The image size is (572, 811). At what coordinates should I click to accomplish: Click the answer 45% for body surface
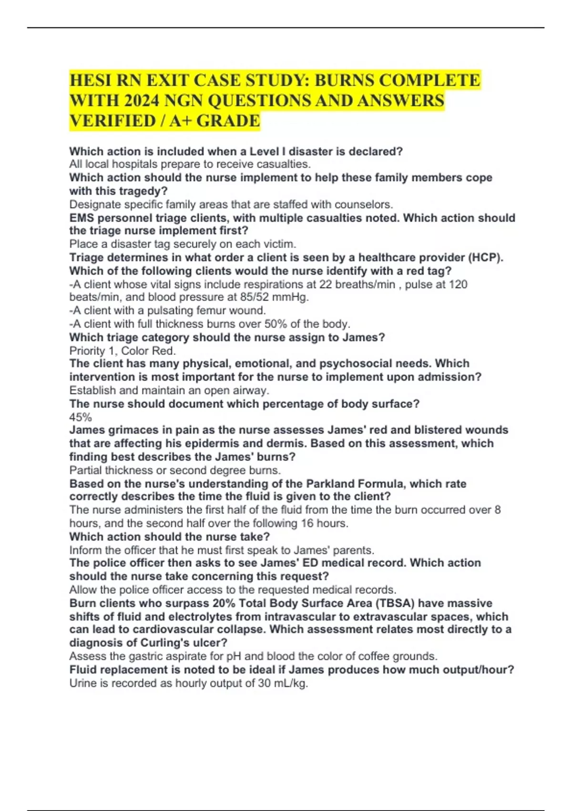81,417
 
